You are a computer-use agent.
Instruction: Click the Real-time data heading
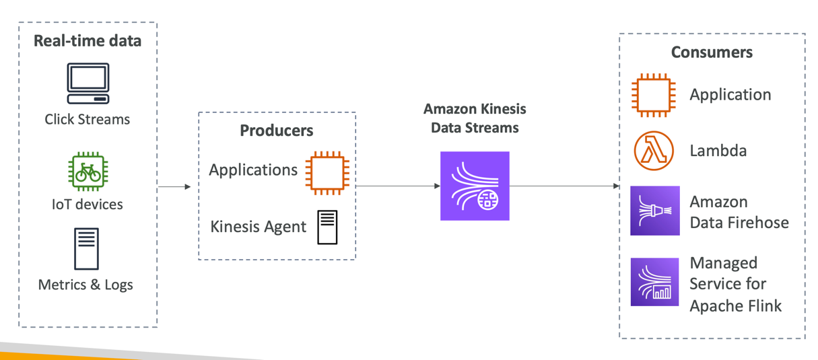point(88,41)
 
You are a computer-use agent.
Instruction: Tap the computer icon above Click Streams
point(88,83)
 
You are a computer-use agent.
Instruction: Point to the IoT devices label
point(88,204)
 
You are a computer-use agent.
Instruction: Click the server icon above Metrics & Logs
point(87,249)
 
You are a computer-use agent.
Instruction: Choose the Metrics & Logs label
point(86,285)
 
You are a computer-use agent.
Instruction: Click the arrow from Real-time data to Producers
point(174,186)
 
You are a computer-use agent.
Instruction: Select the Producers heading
point(277,130)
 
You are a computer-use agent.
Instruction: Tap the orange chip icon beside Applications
point(327,173)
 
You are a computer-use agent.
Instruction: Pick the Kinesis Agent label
point(259,227)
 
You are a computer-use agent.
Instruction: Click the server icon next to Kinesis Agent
point(328,227)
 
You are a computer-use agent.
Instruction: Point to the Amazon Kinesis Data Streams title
point(475,118)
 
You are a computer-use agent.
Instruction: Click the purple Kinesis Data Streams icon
point(475,186)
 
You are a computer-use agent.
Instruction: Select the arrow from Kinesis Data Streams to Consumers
point(564,186)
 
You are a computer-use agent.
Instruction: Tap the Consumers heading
point(712,52)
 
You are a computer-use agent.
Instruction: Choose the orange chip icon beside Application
point(654,95)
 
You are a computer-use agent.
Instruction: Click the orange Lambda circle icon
point(654,151)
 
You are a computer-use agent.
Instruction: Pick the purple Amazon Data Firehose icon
point(654,211)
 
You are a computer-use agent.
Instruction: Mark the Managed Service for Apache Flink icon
point(654,282)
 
